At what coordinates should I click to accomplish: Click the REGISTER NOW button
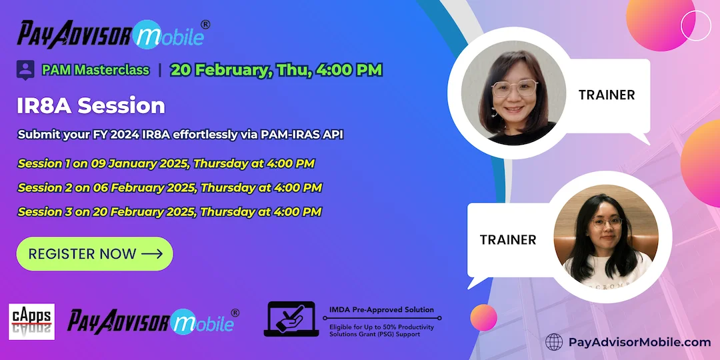pos(94,254)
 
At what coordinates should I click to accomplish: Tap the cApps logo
pos(31,321)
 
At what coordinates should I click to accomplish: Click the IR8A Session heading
pos(91,105)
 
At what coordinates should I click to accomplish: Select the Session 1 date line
pos(166,163)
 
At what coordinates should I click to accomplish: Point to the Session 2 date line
pos(169,188)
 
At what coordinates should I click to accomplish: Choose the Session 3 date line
pos(169,212)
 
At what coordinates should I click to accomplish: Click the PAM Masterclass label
pos(95,69)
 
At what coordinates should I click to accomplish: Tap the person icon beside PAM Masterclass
pos(25,69)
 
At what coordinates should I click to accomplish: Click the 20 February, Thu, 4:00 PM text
pos(276,69)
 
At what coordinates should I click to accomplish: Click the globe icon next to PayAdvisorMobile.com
pos(554,342)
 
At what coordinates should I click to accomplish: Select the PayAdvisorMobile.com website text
pos(639,342)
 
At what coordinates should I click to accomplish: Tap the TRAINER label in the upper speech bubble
pos(607,95)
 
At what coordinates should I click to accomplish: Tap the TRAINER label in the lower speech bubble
pos(508,239)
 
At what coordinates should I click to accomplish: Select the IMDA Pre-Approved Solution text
pos(381,310)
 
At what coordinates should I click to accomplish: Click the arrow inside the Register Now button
pos(152,254)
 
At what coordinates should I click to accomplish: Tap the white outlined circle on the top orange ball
pos(696,25)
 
